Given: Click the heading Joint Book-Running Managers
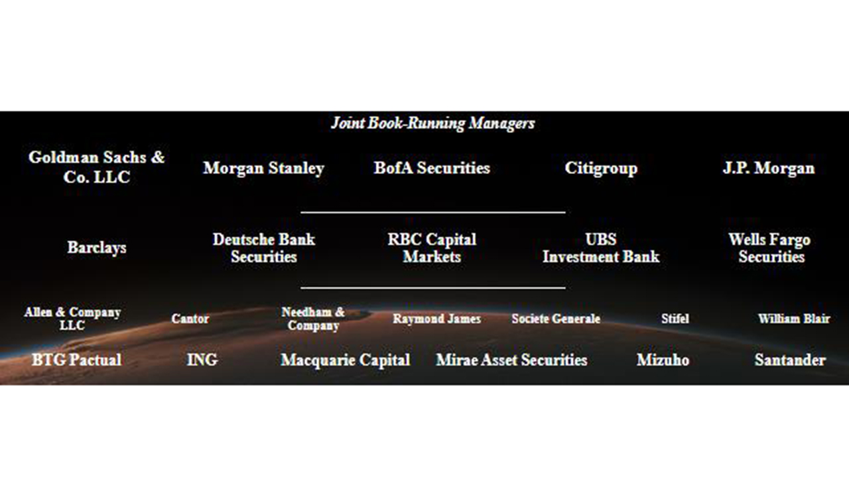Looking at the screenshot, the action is pyautogui.click(x=433, y=123).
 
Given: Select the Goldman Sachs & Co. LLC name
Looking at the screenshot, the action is pyautogui.click(x=97, y=167).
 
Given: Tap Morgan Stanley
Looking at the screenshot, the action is pyautogui.click(x=264, y=169).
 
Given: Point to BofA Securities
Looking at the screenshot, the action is pyautogui.click(x=432, y=168).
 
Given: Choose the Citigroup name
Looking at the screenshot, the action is pyautogui.click(x=601, y=169).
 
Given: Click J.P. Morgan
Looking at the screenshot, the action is pyautogui.click(x=769, y=169).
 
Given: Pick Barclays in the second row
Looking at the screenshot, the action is pyautogui.click(x=97, y=248).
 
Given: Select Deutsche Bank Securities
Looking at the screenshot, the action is pyautogui.click(x=264, y=248).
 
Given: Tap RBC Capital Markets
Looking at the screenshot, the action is pyautogui.click(x=432, y=248).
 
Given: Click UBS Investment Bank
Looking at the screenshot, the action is pyautogui.click(x=601, y=248).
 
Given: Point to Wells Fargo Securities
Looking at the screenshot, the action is pyautogui.click(x=769, y=248).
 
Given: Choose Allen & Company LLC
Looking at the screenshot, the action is pyautogui.click(x=72, y=319).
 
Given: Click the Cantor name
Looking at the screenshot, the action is pyautogui.click(x=190, y=319).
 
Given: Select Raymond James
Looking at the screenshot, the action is pyautogui.click(x=436, y=319).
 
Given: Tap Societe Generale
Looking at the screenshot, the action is pyautogui.click(x=556, y=319).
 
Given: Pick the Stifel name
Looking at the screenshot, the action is pyautogui.click(x=675, y=319).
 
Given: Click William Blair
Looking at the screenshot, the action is pyautogui.click(x=794, y=319).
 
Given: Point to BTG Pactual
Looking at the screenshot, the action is pyautogui.click(x=77, y=360).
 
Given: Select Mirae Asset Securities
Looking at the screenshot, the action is pyautogui.click(x=511, y=360).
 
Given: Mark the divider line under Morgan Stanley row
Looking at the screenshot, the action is pyautogui.click(x=433, y=212).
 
